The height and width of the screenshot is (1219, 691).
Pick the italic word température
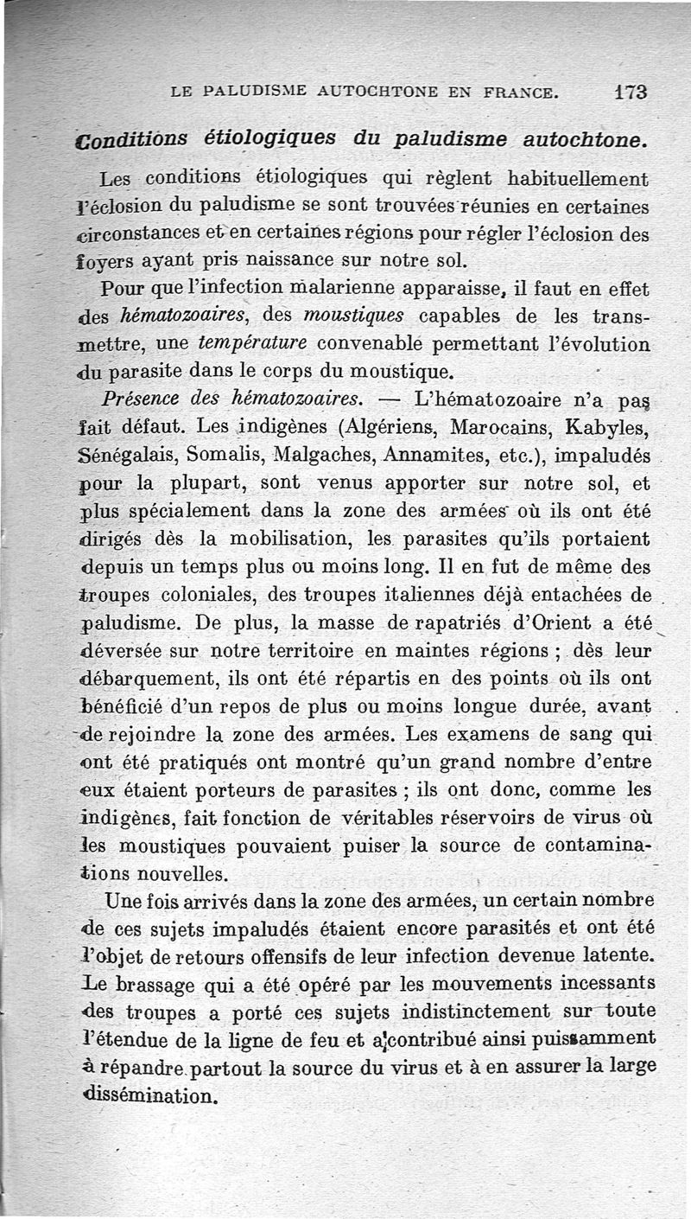pyautogui.click(x=253, y=343)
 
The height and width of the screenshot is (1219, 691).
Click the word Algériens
pyautogui.click(x=395, y=427)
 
